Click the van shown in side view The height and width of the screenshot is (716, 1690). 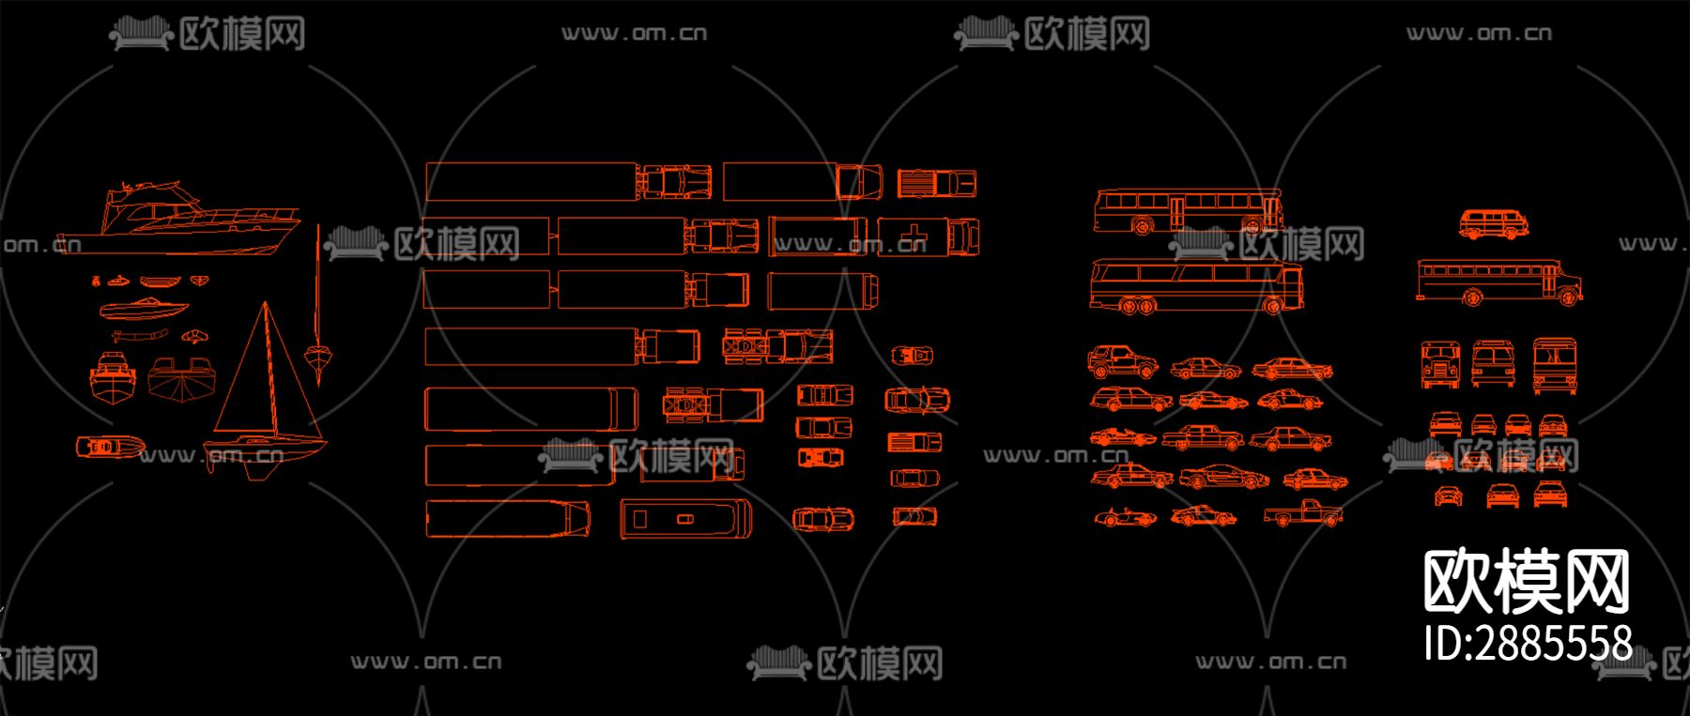(1493, 224)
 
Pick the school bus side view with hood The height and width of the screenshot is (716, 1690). (1498, 282)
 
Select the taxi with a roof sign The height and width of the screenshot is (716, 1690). (1131, 477)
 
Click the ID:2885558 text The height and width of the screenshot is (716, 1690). (1528, 644)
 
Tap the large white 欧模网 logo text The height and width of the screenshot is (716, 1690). (1526, 583)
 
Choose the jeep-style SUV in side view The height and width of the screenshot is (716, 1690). (1122, 361)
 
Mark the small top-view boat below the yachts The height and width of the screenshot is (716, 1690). (110, 447)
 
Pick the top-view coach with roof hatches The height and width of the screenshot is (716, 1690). (685, 519)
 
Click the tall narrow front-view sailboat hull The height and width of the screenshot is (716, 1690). (318, 300)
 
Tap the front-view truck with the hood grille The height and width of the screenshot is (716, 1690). (1439, 364)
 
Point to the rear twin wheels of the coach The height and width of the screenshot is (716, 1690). (1131, 306)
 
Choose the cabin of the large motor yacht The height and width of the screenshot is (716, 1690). (150, 202)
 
